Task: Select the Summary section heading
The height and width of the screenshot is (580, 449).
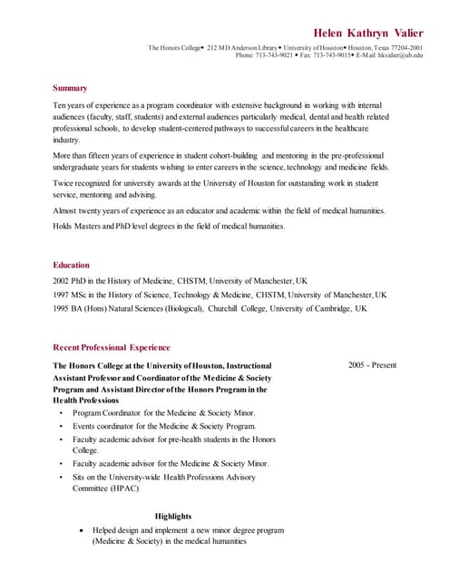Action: [x=70, y=88]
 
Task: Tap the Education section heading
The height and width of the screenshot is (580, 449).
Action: [x=71, y=265]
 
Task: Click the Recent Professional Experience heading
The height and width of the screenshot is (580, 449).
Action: [x=112, y=347]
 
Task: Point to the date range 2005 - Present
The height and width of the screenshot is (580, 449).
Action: [x=372, y=365]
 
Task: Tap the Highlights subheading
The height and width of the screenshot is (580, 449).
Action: [x=173, y=516]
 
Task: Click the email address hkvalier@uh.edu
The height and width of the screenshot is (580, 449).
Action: [x=400, y=55]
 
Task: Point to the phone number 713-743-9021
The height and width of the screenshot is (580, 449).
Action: [x=274, y=55]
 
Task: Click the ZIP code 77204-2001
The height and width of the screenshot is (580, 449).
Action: [x=403, y=47]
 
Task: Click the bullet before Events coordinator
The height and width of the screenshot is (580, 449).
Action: [x=61, y=425]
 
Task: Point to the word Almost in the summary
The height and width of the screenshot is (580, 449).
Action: [x=65, y=210]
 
